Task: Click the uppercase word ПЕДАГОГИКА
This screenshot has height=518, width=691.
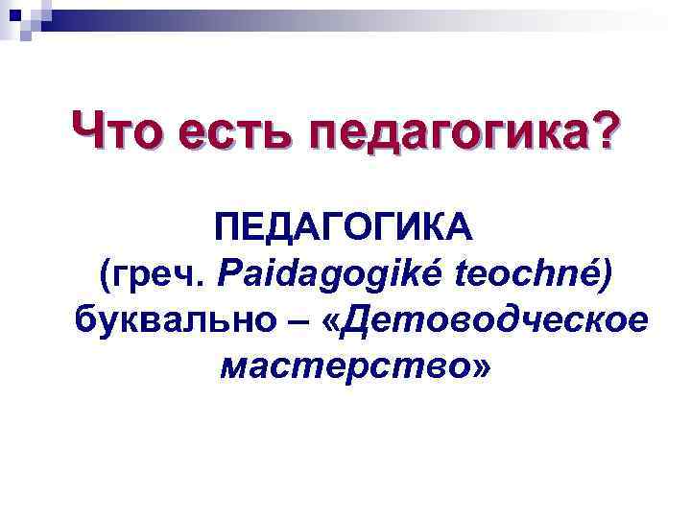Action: pyautogui.click(x=345, y=230)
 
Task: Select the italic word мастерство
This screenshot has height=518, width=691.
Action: pyautogui.click(x=342, y=365)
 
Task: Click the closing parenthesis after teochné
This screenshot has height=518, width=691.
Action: pyautogui.click(x=604, y=276)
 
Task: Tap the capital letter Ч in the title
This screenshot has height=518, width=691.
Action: pyautogui.click(x=88, y=130)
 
